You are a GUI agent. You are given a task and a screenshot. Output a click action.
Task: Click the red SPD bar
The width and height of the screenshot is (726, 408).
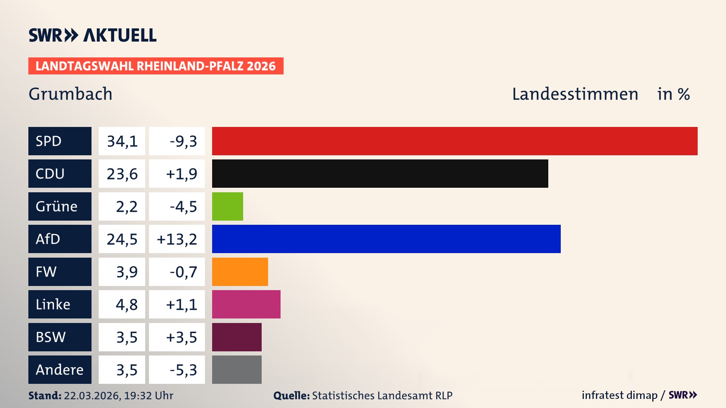[455, 141]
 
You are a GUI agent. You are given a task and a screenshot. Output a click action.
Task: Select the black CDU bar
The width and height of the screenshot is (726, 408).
[380, 173]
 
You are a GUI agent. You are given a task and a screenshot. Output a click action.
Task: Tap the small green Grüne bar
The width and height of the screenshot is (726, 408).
[227, 206]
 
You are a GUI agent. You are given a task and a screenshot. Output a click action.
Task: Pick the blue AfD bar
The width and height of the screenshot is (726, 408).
[386, 239]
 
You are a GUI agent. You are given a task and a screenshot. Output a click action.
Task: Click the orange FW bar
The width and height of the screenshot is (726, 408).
[240, 272]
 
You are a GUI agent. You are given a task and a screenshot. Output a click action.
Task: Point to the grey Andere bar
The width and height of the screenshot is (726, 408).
[237, 369]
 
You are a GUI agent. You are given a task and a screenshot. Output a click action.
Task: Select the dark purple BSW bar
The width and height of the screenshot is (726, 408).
[237, 337]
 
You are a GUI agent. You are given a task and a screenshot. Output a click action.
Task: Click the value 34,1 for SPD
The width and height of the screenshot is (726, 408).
[122, 141]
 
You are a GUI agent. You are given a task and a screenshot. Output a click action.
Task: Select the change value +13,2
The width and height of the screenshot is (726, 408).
[177, 239]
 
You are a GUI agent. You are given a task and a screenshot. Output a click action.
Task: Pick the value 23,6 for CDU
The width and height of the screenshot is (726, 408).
[122, 173]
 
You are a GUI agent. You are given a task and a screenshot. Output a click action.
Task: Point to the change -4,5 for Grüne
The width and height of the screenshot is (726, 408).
[183, 206]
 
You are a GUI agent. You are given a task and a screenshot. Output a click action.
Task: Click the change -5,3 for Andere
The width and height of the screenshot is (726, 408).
[183, 369]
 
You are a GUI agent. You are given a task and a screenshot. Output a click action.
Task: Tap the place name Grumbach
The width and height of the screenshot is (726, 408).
[70, 94]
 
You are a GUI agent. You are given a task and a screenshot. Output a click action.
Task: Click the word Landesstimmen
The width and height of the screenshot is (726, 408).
[575, 94]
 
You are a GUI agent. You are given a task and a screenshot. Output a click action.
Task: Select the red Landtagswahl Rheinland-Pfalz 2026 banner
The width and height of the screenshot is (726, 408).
[156, 66]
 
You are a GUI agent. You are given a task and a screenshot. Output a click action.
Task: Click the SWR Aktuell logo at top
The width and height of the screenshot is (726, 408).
[92, 35]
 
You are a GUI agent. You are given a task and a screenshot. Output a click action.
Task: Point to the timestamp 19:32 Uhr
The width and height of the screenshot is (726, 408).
[148, 396]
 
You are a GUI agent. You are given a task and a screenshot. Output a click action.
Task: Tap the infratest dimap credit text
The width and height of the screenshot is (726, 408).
[619, 395]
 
